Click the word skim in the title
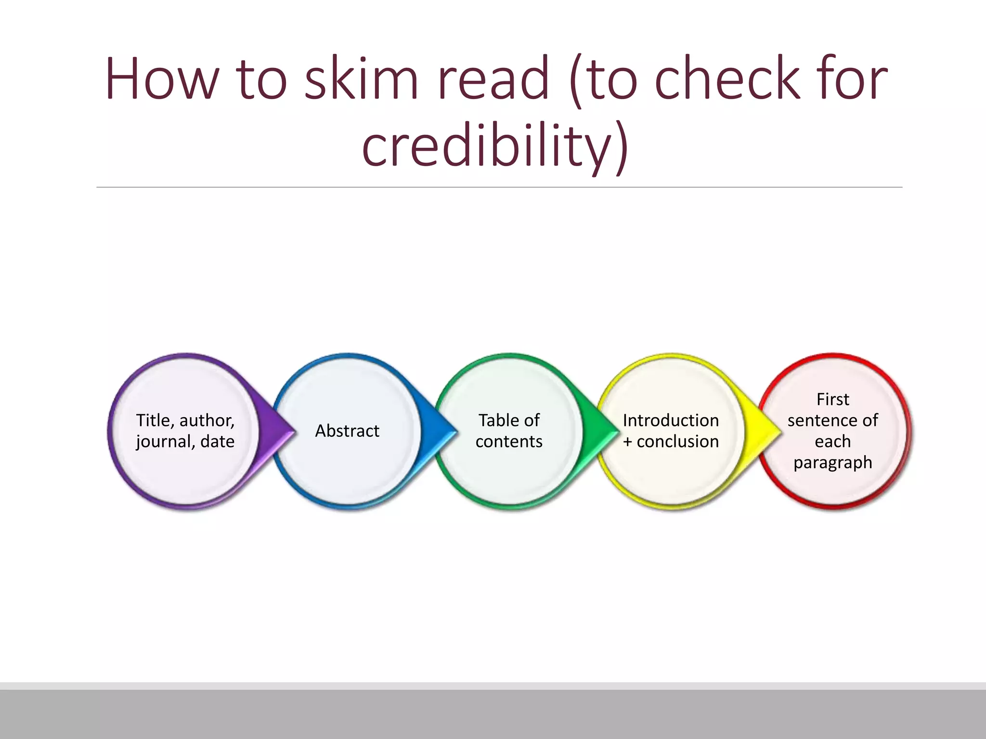(x=361, y=78)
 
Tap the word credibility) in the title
(x=495, y=145)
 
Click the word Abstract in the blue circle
(x=347, y=431)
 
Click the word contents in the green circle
(x=509, y=442)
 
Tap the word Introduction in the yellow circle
(x=671, y=420)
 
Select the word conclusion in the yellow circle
(x=678, y=442)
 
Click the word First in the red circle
(x=832, y=399)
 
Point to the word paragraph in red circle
(x=832, y=463)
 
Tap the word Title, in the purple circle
(x=155, y=420)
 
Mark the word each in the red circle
(x=832, y=442)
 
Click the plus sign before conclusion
(x=627, y=442)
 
